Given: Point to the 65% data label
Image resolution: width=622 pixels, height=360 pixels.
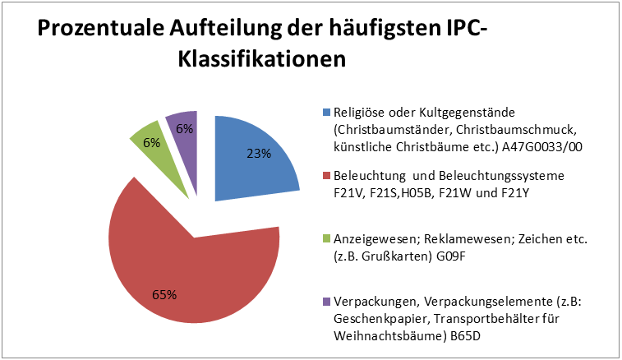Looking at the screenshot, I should point(164,293).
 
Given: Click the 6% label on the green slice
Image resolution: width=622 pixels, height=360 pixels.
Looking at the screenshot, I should point(151,141).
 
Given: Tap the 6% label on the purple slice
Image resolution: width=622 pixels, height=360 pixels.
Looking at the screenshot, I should point(184,128).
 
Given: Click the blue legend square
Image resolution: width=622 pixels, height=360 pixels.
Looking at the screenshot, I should point(326,112).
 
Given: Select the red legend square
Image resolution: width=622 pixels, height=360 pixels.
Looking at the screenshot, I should point(326,176).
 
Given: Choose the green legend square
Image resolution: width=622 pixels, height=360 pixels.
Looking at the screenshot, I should point(326,239).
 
